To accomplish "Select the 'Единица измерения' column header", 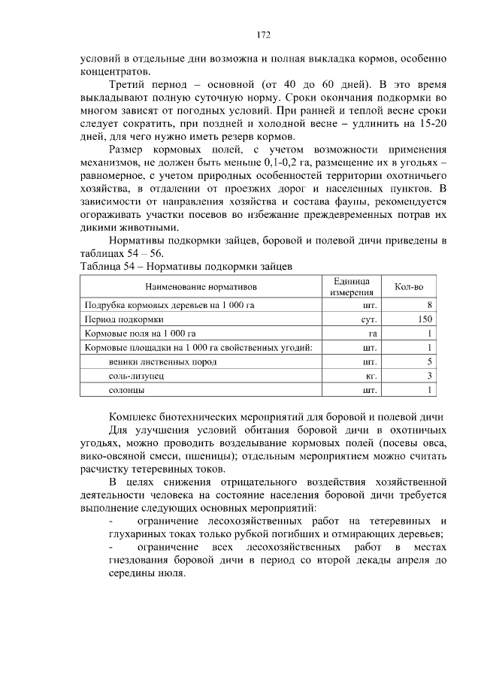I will (x=352, y=286).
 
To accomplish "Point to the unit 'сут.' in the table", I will (x=368, y=319).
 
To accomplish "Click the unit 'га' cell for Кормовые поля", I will (x=372, y=334).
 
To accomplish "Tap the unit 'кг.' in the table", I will (x=371, y=376).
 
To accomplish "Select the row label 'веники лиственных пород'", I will (x=156, y=362).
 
